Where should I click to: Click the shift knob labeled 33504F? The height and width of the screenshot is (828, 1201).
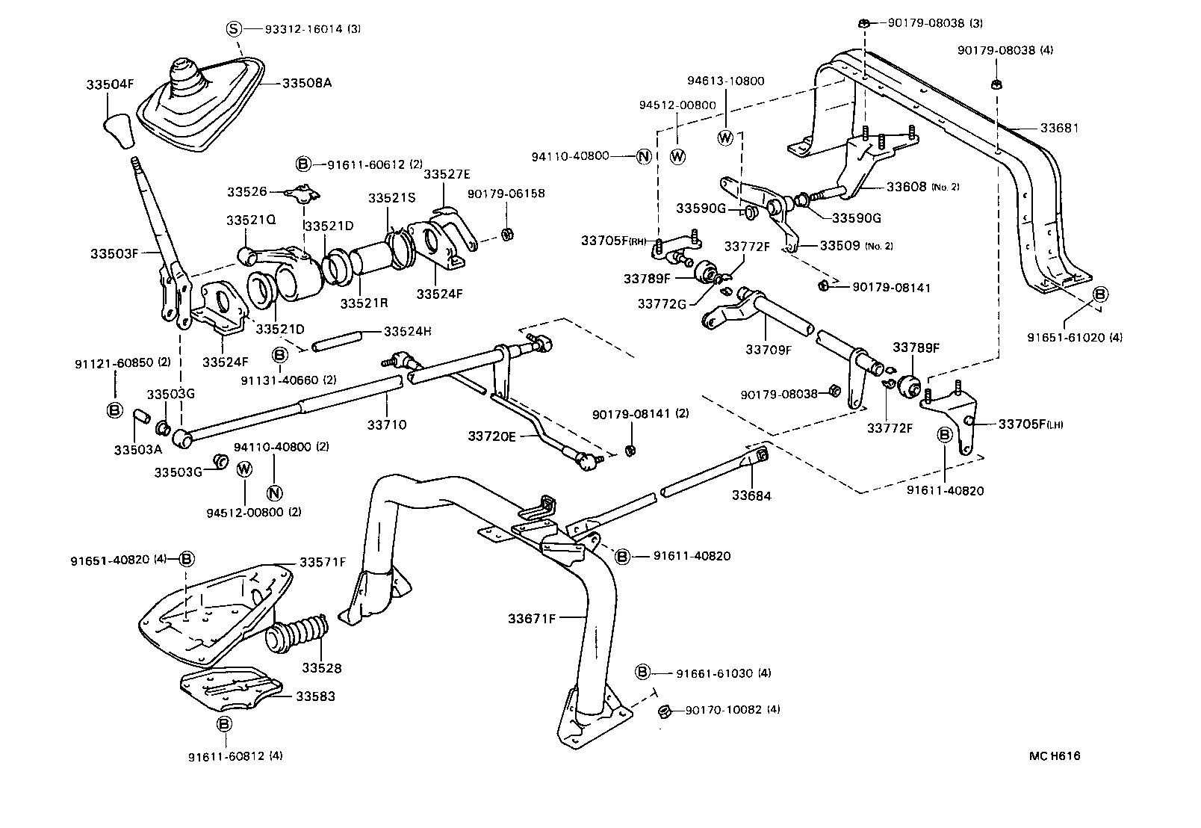(x=119, y=130)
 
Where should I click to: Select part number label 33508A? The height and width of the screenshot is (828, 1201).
(x=306, y=83)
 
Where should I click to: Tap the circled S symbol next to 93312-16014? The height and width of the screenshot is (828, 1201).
(x=234, y=29)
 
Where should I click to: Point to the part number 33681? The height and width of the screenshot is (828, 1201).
(x=1059, y=129)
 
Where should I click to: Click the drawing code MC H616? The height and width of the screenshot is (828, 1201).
(x=1054, y=756)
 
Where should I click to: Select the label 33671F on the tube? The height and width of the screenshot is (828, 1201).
(x=532, y=618)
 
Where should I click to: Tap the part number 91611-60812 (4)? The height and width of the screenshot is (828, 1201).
(x=235, y=756)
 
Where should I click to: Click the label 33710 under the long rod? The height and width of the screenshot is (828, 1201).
(x=386, y=424)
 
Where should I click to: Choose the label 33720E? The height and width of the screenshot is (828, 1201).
(x=491, y=436)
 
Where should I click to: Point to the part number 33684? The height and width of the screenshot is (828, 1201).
(x=751, y=495)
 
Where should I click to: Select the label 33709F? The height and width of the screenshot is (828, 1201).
(x=768, y=348)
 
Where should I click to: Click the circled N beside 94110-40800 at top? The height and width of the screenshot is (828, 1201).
(x=643, y=156)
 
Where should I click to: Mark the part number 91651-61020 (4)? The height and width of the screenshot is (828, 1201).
(x=1074, y=337)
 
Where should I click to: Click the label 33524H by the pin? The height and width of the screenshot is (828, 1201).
(x=406, y=330)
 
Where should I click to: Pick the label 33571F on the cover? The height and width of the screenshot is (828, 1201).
(x=323, y=562)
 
